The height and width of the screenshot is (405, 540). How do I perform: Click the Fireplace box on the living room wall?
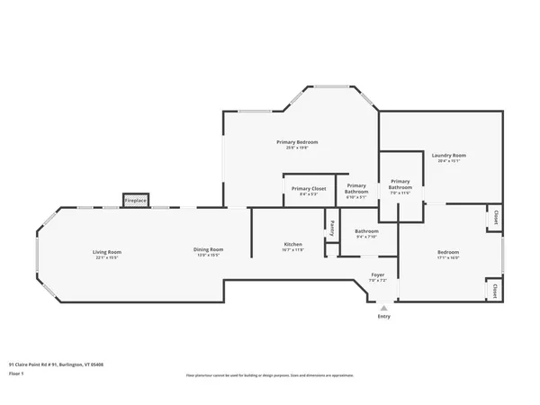click(x=135, y=199)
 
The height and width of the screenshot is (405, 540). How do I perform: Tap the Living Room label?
click(x=107, y=251)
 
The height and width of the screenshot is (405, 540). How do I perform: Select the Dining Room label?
click(x=208, y=249)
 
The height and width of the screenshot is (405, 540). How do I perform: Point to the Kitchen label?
click(x=293, y=244)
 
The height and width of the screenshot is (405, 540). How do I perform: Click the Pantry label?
click(x=331, y=227)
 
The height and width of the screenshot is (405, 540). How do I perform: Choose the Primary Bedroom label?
click(x=297, y=142)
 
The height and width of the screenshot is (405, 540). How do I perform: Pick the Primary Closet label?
click(x=308, y=188)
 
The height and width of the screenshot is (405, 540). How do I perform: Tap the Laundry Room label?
click(x=447, y=156)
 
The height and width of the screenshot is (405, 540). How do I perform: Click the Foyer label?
click(x=378, y=274)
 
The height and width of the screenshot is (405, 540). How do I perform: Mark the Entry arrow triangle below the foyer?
click(x=384, y=307)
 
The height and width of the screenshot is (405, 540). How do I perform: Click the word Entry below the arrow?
click(x=384, y=316)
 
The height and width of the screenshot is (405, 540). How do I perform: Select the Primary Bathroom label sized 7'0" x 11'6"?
click(x=400, y=184)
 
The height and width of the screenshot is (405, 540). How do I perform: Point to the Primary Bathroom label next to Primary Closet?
click(x=356, y=188)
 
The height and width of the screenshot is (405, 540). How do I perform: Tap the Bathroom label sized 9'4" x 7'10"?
click(x=366, y=231)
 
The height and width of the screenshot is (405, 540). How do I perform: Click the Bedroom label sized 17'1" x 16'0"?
click(x=448, y=252)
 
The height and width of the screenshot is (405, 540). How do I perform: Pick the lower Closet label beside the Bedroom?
click(x=496, y=291)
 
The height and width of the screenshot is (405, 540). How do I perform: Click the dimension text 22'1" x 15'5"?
click(x=107, y=257)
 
